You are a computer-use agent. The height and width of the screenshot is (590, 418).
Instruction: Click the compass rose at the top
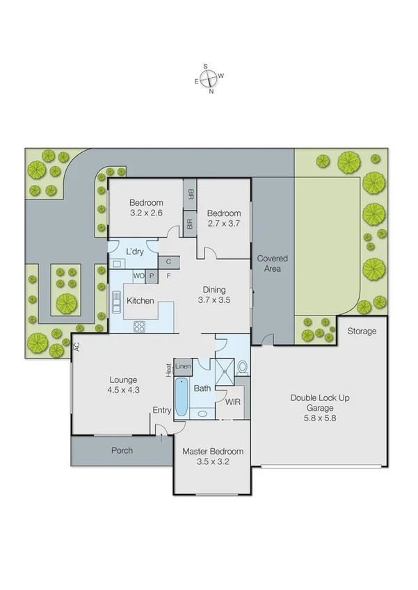tap(209, 79)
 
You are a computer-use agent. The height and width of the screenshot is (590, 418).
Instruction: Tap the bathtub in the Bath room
tap(182, 398)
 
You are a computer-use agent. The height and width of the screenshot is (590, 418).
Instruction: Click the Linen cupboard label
tap(183, 366)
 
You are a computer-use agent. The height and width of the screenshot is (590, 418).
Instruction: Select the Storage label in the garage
tap(362, 331)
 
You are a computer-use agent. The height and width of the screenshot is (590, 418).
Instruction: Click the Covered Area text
tap(273, 263)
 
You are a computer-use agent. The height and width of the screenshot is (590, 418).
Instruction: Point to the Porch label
tap(122, 450)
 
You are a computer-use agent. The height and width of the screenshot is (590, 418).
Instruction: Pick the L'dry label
tap(135, 252)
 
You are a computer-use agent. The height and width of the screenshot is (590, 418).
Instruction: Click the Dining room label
tap(214, 290)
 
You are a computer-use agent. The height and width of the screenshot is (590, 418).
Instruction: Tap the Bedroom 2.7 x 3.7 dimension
tap(223, 224)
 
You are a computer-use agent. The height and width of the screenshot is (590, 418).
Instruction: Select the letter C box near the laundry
tap(168, 262)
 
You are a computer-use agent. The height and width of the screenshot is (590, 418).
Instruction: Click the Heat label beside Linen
tap(168, 370)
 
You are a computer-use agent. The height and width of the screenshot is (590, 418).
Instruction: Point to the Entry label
tap(161, 411)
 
